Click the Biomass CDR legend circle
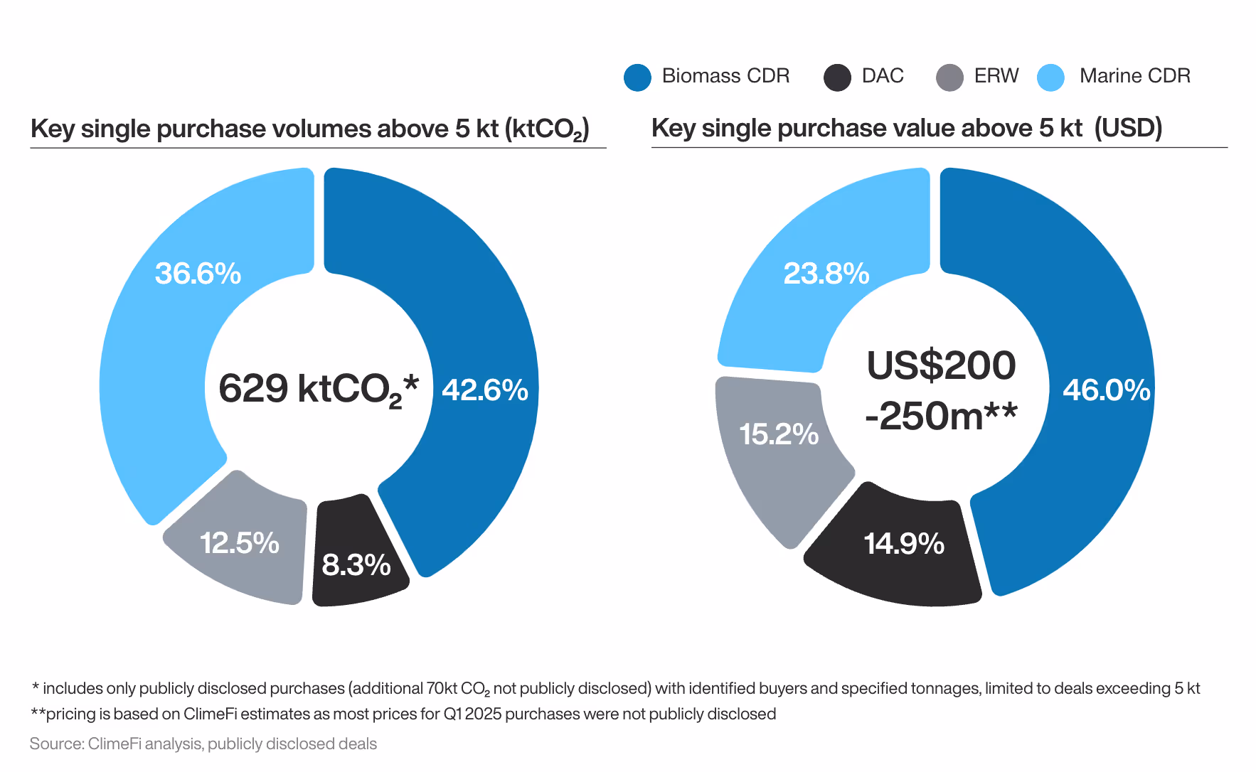[x=637, y=77]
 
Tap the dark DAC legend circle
[x=837, y=77]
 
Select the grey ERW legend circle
[x=949, y=77]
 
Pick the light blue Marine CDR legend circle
[x=1050, y=77]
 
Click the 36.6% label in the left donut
[x=198, y=274]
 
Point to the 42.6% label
[x=485, y=390]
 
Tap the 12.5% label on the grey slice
[x=239, y=543]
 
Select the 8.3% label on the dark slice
[x=356, y=565]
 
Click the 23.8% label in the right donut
[x=826, y=274]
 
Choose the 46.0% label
[x=1106, y=390]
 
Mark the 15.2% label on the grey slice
[x=778, y=434]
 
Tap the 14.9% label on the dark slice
[x=903, y=544]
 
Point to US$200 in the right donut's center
[x=941, y=365]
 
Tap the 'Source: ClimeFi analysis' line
[x=203, y=744]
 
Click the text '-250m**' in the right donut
[x=941, y=416]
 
